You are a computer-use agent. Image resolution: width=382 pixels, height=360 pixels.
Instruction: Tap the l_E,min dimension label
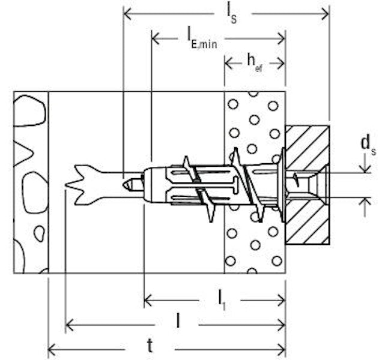(202, 40)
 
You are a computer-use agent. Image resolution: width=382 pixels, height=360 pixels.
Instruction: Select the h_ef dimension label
(255, 63)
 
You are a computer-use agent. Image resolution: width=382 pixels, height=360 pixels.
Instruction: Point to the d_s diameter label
(368, 145)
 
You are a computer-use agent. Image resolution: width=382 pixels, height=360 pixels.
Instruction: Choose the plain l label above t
(178, 320)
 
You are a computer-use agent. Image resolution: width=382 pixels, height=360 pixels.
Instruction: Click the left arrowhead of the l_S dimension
(128, 14)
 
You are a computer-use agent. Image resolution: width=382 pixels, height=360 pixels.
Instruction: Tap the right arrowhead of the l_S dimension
(325, 14)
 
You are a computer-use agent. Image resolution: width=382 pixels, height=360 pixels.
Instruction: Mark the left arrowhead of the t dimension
(53, 350)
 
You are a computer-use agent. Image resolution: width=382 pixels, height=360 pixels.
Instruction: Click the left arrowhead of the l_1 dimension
(148, 300)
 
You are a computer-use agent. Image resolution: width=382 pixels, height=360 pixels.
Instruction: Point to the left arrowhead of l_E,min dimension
(156, 39)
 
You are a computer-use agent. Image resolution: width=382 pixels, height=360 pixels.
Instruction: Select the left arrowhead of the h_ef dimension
(229, 63)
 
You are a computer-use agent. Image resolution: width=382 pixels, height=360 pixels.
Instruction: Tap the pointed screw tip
(126, 185)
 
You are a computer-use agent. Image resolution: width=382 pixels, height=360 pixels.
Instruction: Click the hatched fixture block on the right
(308, 185)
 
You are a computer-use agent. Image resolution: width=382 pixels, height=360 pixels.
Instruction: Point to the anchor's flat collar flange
(283, 185)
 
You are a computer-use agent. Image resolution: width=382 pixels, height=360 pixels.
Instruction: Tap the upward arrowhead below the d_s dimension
(365, 202)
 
